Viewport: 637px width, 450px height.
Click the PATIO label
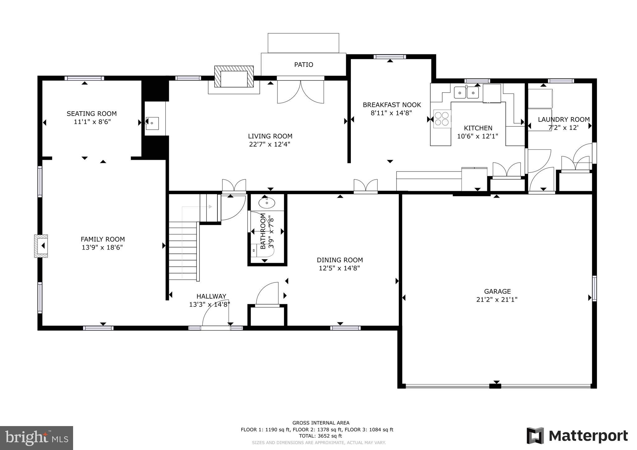304,65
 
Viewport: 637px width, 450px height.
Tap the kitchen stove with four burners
442,119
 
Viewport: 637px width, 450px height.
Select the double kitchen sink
466,93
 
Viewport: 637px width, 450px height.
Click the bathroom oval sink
267,203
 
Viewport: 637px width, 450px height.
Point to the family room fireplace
41,246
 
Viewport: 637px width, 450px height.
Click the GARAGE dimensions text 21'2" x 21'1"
497,300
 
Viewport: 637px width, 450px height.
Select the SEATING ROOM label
92,114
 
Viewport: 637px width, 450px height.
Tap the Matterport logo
577,436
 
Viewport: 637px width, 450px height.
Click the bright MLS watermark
37,438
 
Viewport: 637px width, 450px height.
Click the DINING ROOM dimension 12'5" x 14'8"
339,268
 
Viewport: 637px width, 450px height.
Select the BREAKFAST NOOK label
392,105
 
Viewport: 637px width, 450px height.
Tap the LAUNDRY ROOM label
564,119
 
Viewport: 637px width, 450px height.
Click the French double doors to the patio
300,92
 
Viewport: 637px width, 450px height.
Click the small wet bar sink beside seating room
152,123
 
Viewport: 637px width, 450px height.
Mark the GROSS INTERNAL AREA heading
321,423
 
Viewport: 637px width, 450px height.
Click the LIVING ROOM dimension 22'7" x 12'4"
270,144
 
